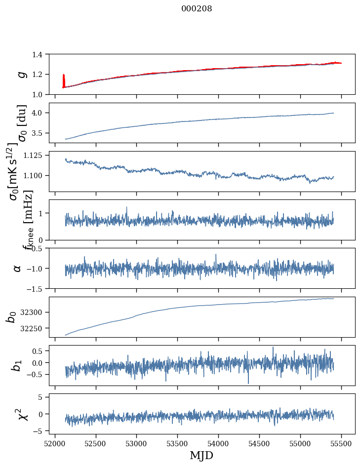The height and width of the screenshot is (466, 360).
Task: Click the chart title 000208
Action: click(x=197, y=8)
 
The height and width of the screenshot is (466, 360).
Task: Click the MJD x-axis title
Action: click(x=201, y=455)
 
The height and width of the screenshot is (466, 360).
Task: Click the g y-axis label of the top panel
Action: click(x=21, y=74)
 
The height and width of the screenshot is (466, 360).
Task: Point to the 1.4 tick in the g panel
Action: click(x=40, y=54)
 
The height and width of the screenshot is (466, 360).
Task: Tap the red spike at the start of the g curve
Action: click(x=64, y=80)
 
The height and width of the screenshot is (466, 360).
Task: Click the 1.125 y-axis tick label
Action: click(x=36, y=155)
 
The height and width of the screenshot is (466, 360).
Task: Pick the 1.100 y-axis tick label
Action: click(x=36, y=176)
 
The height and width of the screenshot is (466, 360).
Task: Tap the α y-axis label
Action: click(x=18, y=268)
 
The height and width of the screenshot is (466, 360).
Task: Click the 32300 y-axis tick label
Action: click(x=35, y=312)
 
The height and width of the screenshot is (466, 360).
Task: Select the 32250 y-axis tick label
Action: click(x=35, y=328)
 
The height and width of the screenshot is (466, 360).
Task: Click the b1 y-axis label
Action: click(x=18, y=365)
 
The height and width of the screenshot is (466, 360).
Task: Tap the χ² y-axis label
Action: click(x=22, y=414)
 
